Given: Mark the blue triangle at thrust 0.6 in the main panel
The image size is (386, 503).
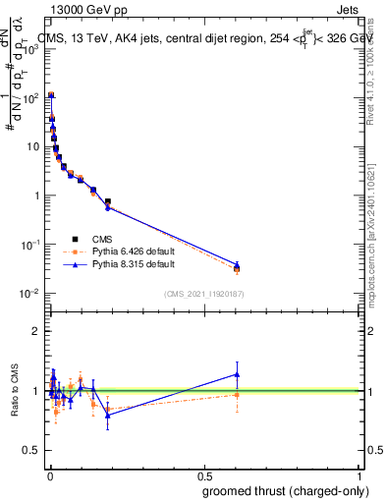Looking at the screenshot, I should (237, 264).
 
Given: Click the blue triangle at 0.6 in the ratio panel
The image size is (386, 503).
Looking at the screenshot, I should (237, 374).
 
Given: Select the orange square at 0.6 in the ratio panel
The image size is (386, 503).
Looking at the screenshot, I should (237, 395).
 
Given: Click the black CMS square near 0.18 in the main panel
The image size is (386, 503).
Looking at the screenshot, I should (107, 201).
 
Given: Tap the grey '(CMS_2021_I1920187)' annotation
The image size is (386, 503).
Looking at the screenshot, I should (204, 294).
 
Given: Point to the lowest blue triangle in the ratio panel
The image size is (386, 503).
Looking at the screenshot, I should (107, 416).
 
